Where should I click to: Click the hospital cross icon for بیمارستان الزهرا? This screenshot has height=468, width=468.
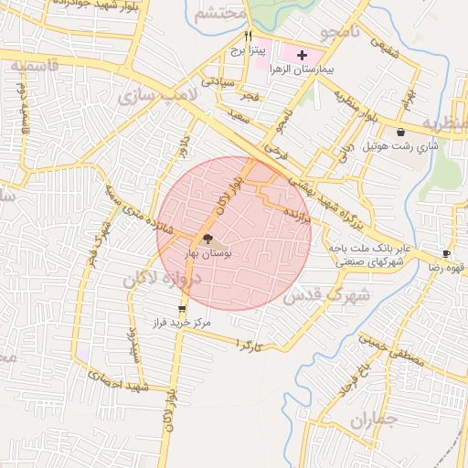point(303,55)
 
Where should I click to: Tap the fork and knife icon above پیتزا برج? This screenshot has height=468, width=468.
point(247,36)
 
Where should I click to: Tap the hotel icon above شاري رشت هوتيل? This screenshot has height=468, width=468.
point(401,133)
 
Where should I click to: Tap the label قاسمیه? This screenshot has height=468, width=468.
point(34,66)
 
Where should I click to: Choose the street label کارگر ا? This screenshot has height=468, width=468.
point(248,344)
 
